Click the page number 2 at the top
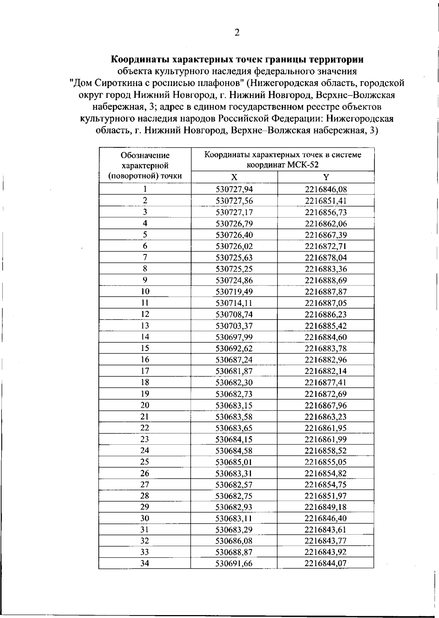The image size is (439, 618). pyautogui.click(x=237, y=33)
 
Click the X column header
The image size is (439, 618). pyautogui.click(x=234, y=177)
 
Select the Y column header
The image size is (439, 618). pyautogui.click(x=326, y=177)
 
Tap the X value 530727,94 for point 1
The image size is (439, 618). pyautogui.click(x=234, y=189)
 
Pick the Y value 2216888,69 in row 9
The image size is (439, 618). pyautogui.click(x=326, y=280)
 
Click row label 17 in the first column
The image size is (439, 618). pyautogui.click(x=145, y=371)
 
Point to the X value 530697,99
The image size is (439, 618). pyautogui.click(x=234, y=337)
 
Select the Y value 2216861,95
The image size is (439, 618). pyautogui.click(x=326, y=428)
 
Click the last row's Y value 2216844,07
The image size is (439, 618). pyautogui.click(x=326, y=564)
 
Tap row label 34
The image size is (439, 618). pyautogui.click(x=145, y=564)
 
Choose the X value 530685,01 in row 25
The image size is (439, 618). pyautogui.click(x=234, y=462)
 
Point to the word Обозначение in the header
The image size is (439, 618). pyautogui.click(x=145, y=155)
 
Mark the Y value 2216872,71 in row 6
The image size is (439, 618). pyautogui.click(x=326, y=246)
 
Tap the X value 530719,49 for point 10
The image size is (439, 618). pyautogui.click(x=234, y=292)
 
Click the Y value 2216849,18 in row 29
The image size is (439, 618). pyautogui.click(x=326, y=507)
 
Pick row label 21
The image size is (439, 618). pyautogui.click(x=145, y=417)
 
